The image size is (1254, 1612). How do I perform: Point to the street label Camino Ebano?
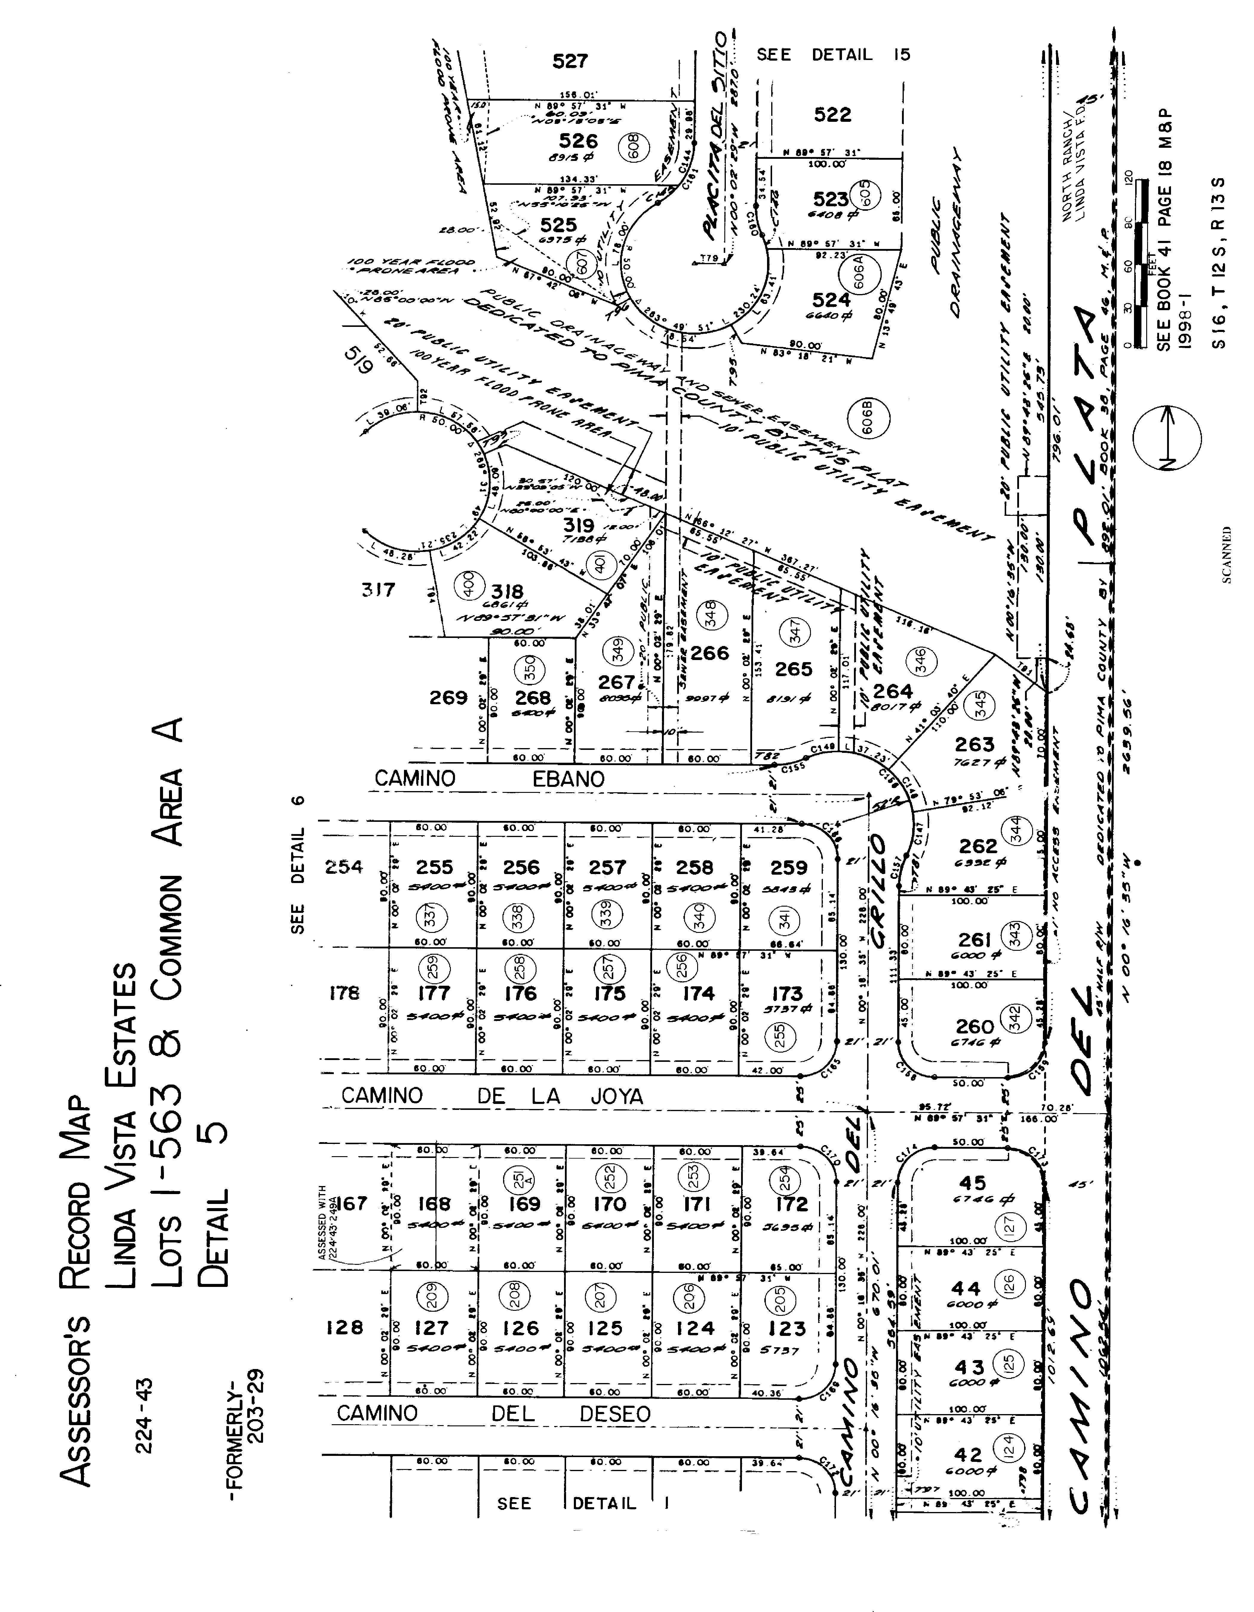(489, 779)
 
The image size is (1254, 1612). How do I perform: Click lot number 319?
(579, 525)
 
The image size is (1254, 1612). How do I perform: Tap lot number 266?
(709, 653)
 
